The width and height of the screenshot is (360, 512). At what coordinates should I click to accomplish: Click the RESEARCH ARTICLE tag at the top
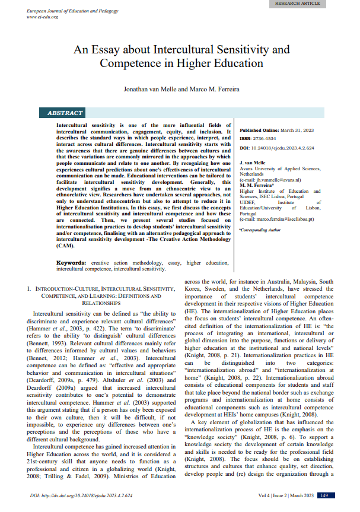(297, 4)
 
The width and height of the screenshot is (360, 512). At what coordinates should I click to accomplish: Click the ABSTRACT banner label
(65, 113)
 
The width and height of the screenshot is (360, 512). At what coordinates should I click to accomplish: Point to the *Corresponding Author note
(260, 229)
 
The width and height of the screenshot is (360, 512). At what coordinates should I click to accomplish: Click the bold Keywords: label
(72, 262)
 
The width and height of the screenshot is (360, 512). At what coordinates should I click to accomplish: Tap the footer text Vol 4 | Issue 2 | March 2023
(282, 495)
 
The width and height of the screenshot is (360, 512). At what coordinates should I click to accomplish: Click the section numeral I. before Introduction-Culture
(30, 287)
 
